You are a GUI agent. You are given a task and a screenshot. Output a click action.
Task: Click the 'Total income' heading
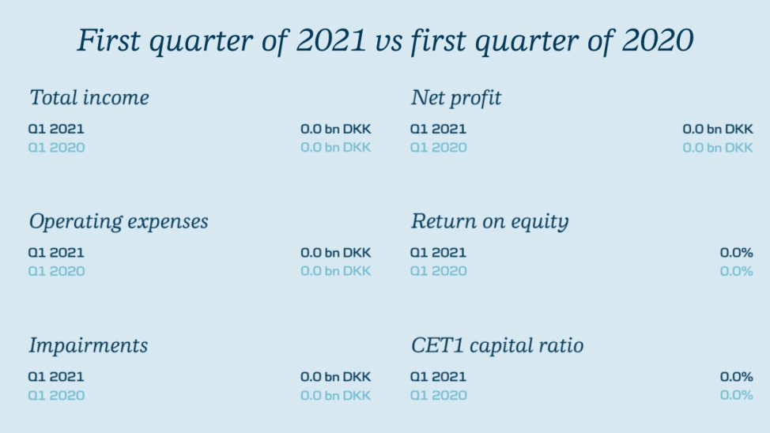click(89, 97)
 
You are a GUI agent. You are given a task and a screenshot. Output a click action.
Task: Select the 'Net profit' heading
click(456, 98)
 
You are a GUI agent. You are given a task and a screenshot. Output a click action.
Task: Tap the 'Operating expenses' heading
click(119, 221)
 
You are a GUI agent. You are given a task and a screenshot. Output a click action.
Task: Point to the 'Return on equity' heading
click(489, 221)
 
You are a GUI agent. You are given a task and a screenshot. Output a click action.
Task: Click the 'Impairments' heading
click(88, 345)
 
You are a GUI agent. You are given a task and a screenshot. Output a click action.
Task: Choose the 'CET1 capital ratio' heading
click(497, 345)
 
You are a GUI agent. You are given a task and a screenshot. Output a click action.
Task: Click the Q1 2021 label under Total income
click(56, 129)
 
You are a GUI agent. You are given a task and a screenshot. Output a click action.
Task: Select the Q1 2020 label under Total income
click(56, 148)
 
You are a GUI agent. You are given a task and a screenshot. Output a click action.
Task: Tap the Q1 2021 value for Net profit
click(718, 129)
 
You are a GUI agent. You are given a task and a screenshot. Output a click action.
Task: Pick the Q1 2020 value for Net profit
click(718, 148)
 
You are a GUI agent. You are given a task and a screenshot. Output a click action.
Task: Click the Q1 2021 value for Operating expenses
click(336, 253)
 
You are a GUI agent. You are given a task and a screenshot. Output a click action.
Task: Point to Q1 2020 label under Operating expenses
click(56, 272)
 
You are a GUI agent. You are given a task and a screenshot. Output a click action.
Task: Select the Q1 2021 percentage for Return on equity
click(736, 253)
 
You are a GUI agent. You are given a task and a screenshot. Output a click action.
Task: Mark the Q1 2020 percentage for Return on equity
click(736, 272)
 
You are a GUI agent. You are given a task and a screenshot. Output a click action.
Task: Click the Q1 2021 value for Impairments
click(336, 377)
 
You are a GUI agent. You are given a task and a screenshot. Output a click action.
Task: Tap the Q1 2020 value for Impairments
click(336, 396)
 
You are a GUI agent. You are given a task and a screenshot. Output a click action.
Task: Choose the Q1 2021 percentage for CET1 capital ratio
click(736, 377)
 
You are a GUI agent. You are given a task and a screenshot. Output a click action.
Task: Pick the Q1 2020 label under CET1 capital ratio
click(438, 396)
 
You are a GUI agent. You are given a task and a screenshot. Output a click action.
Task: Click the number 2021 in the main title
click(331, 40)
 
